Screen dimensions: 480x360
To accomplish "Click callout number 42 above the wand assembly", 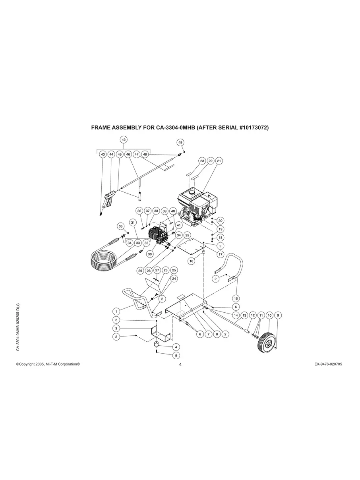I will click(x=124, y=139).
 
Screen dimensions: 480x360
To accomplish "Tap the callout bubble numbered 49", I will click(x=180, y=142).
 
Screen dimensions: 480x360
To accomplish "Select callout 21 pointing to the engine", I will click(x=219, y=161).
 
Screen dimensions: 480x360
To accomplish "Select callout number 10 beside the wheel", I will click(x=269, y=315).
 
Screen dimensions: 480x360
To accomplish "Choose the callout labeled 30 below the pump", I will click(x=150, y=254).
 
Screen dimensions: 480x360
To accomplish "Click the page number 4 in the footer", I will click(x=180, y=364).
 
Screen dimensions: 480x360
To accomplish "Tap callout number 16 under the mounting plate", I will click(x=191, y=261).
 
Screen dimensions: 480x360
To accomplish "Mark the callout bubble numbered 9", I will click(x=278, y=315).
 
